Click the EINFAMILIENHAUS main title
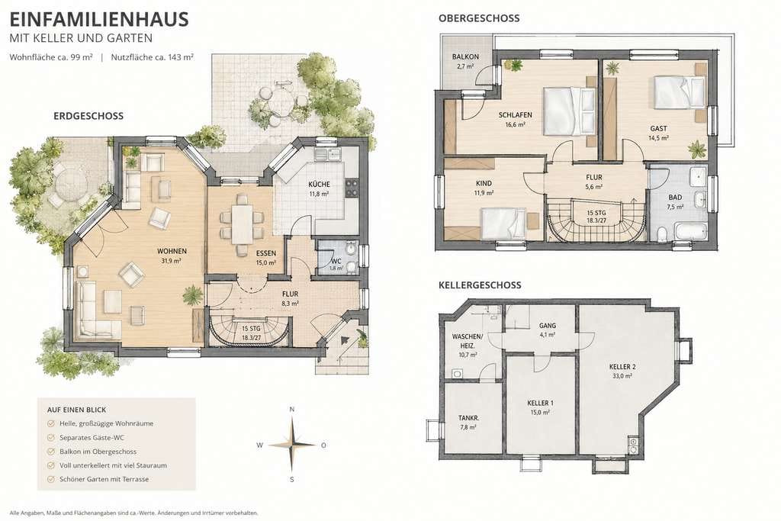[x=99, y=19]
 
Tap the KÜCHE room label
[x=319, y=184]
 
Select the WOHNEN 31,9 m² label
[x=172, y=256]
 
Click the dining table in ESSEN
[x=242, y=224]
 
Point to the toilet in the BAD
[x=662, y=235]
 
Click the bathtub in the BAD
[x=691, y=232]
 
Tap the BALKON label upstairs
[x=465, y=56]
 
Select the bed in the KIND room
[x=503, y=223]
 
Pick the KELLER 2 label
[x=622, y=367]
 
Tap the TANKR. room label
[x=468, y=418]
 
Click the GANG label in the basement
[x=548, y=326]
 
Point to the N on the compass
[x=292, y=410]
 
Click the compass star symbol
[x=292, y=444]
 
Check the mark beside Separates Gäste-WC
[x=50, y=437]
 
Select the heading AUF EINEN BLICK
[x=77, y=410]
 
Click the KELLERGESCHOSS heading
[x=480, y=285]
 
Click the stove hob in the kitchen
[x=351, y=188]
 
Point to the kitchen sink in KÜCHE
[x=327, y=155]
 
